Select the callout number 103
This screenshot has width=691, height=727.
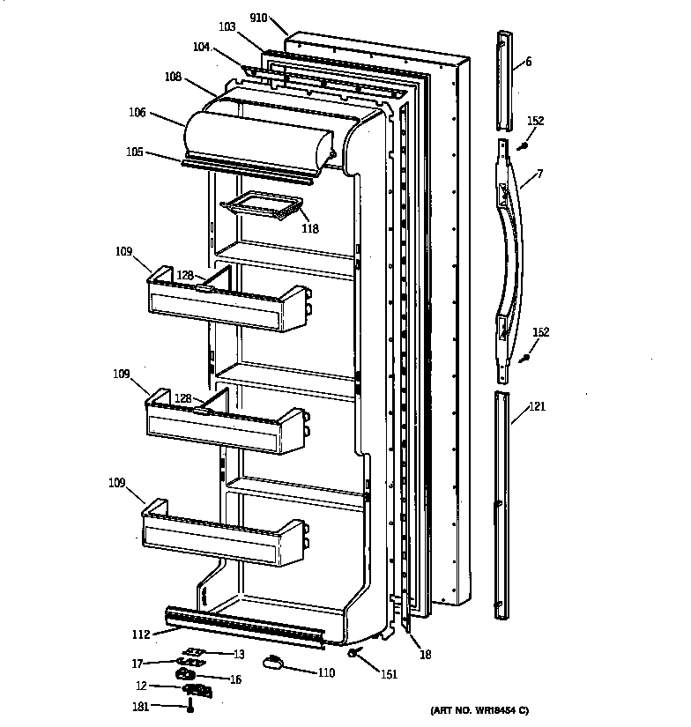tap(227, 28)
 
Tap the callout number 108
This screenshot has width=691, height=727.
tap(173, 78)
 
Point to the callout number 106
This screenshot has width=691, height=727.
tap(137, 113)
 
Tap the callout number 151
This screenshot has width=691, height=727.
tap(389, 675)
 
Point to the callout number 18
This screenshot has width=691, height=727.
tap(425, 655)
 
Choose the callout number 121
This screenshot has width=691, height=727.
tap(537, 407)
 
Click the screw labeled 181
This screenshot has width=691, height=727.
tap(189, 706)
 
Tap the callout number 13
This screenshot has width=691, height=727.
tap(238, 654)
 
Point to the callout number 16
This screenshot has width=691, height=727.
tap(234, 679)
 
